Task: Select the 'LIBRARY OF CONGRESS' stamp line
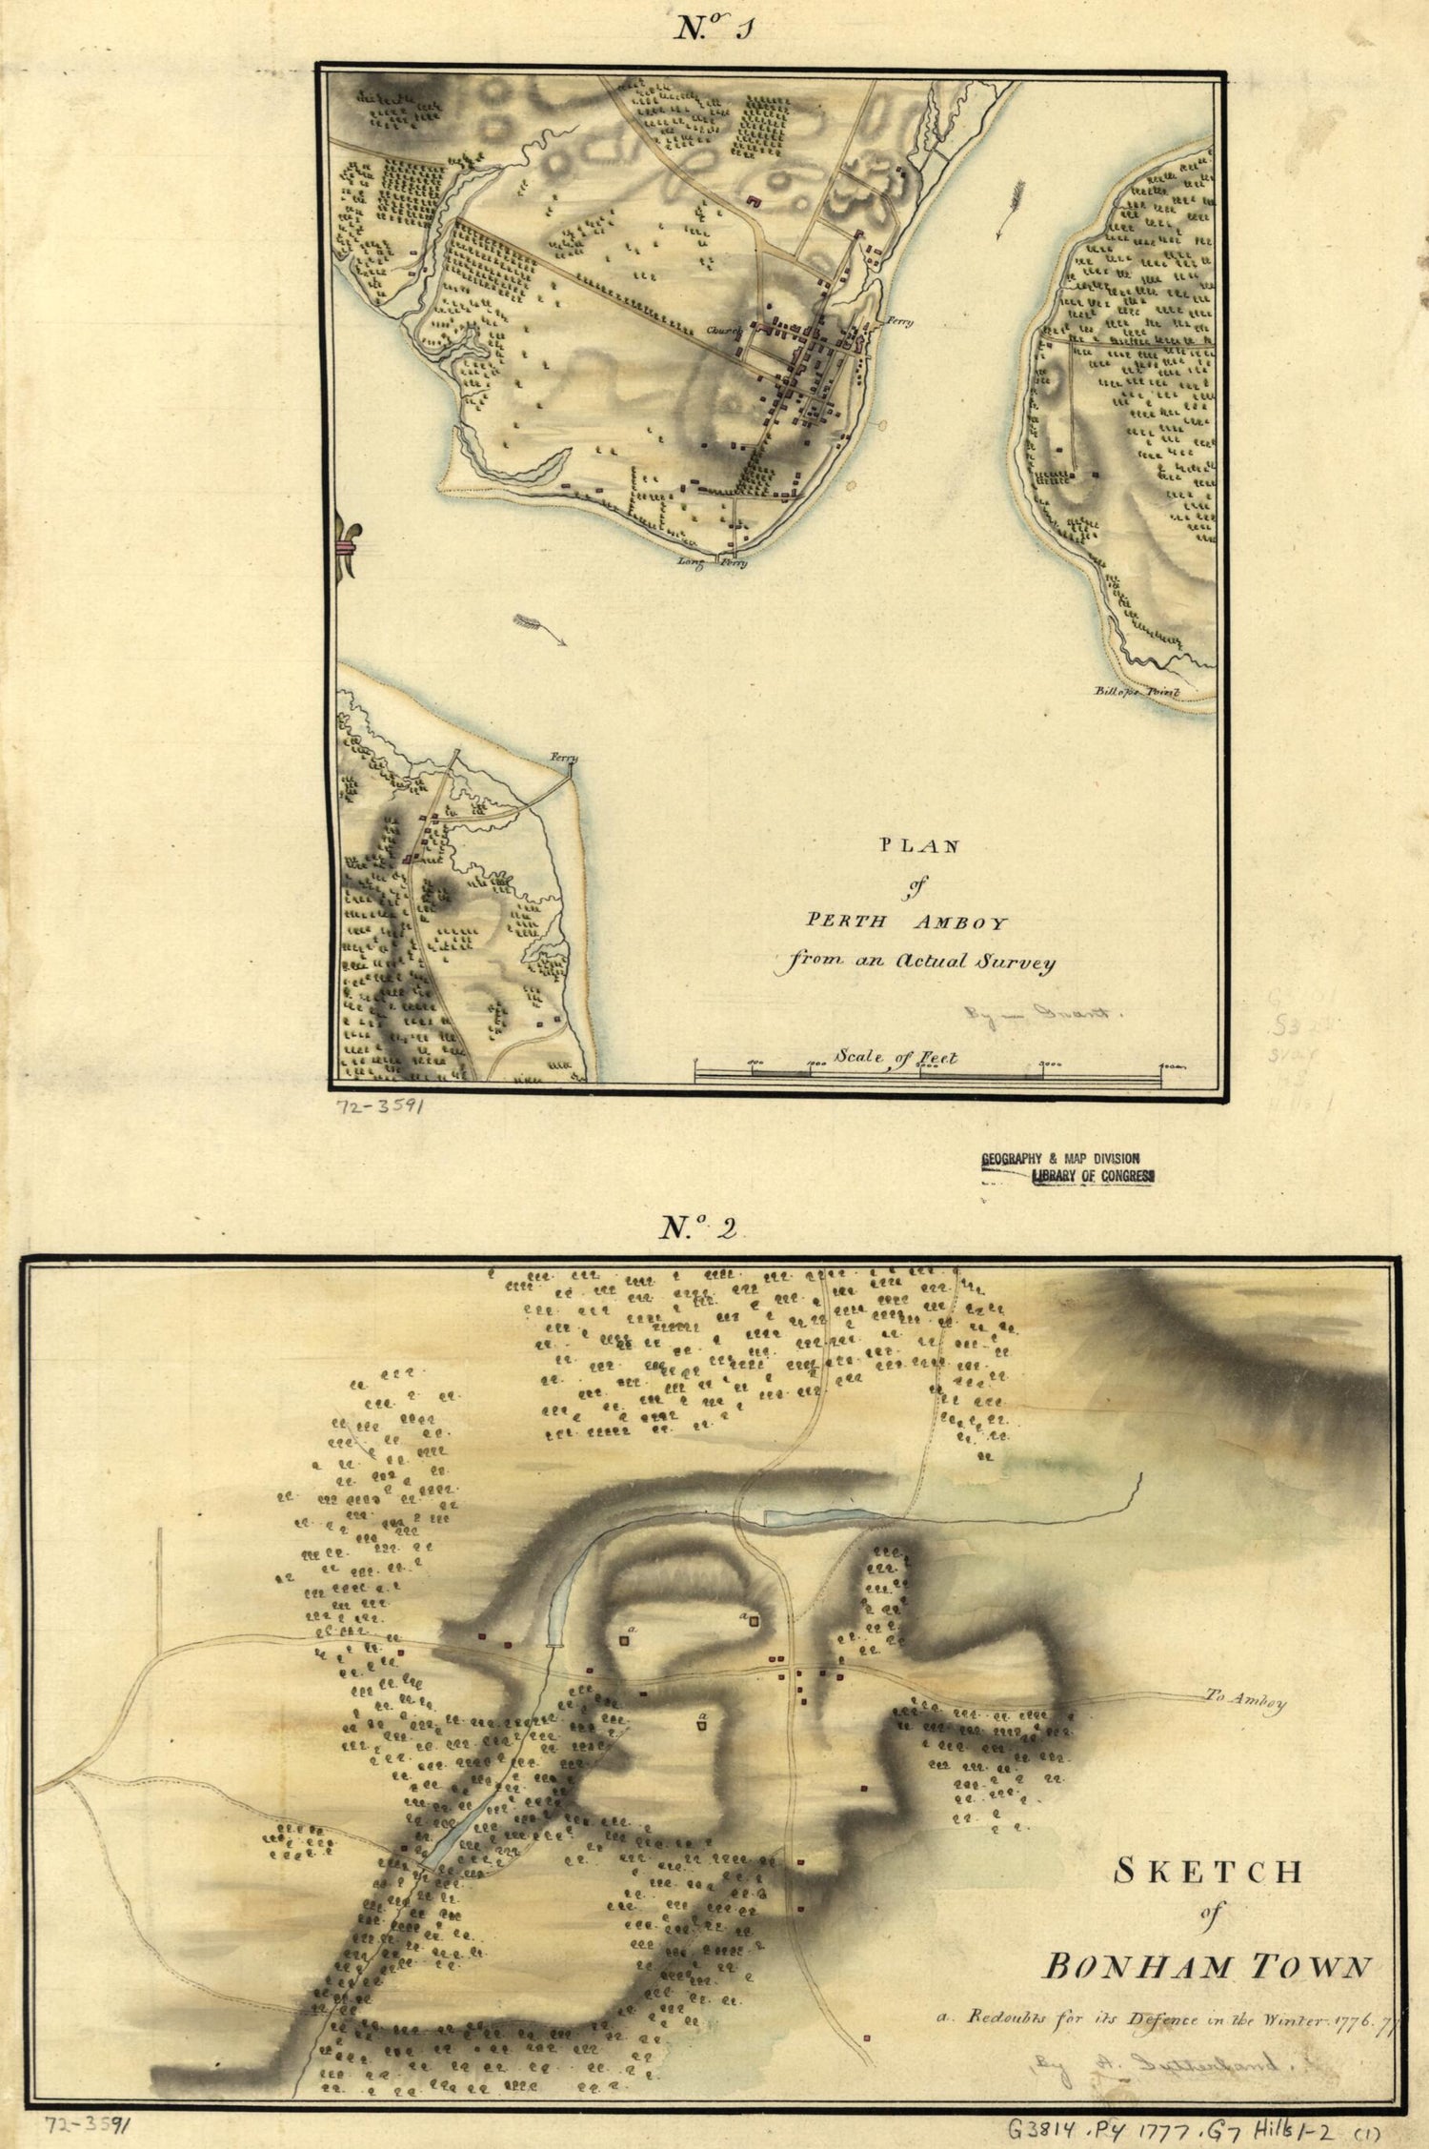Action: click(x=1094, y=1178)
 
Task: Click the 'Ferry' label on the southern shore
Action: click(x=564, y=759)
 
